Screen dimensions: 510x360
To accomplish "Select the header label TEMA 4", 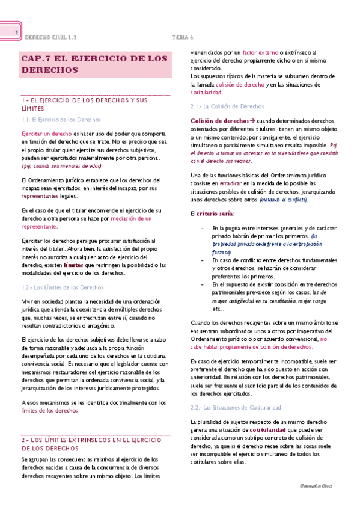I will click(x=182, y=36).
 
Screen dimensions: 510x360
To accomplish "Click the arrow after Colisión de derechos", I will click(x=251, y=120).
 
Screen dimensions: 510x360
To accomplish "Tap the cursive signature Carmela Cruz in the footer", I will click(x=316, y=485).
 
